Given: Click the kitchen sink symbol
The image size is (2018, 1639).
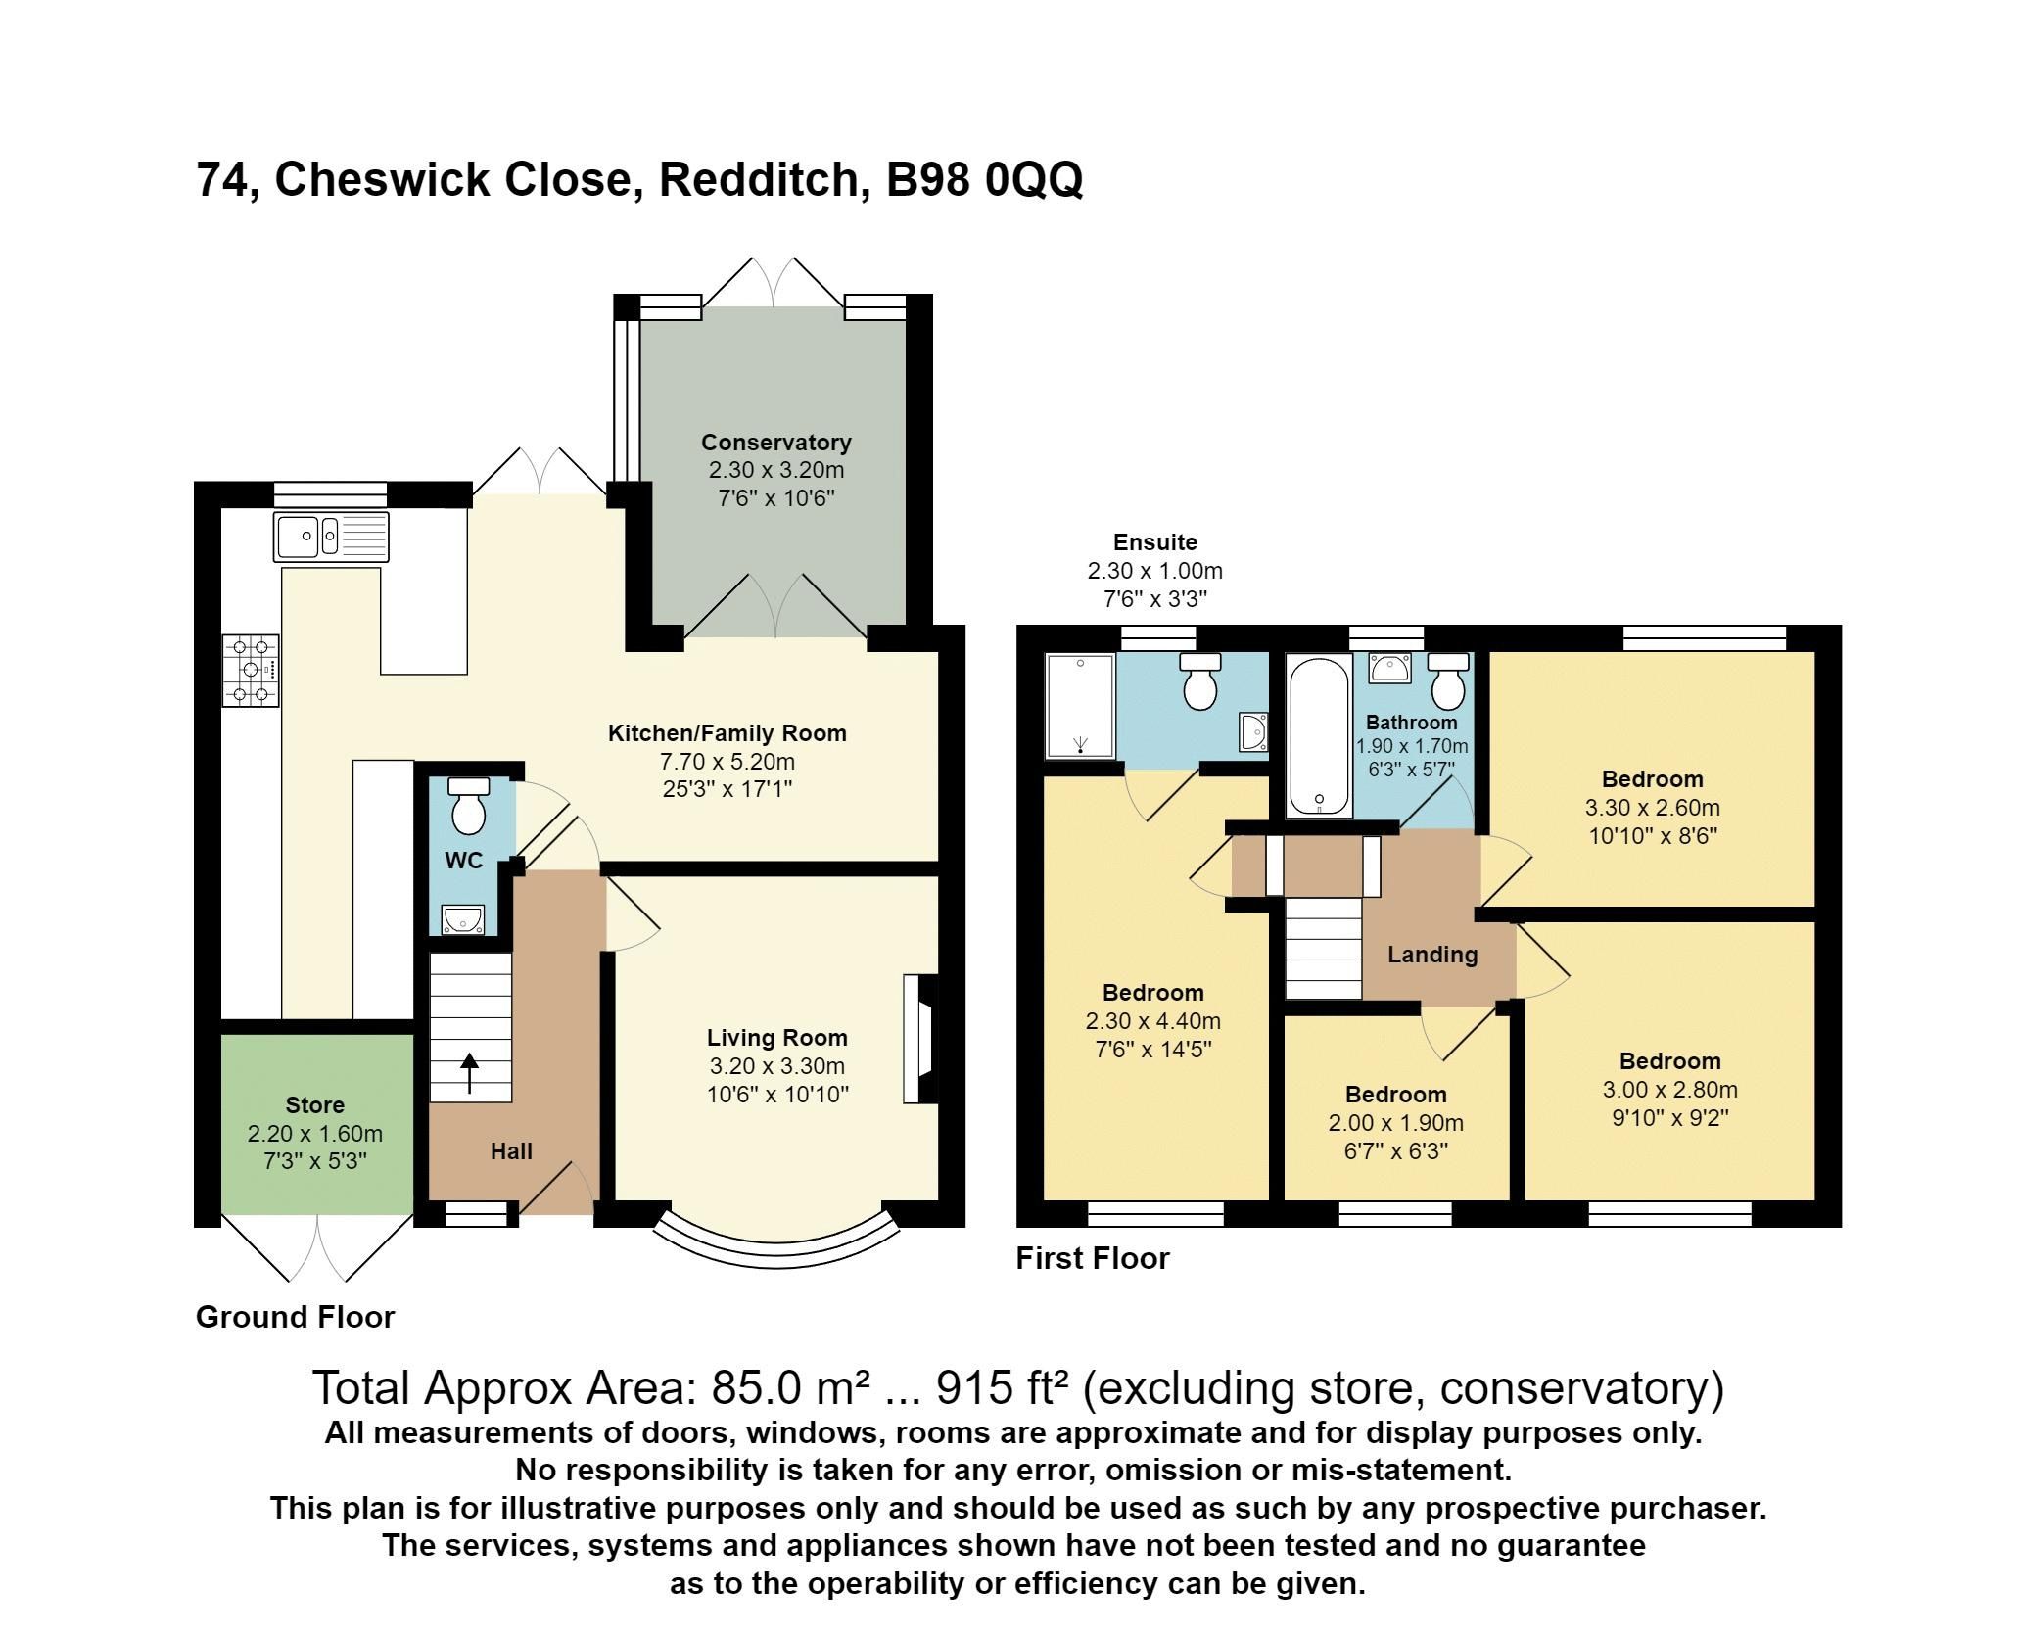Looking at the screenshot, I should click(x=331, y=537).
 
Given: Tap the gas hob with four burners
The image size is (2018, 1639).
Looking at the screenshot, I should click(x=251, y=671).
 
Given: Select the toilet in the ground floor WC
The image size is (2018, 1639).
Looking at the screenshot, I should click(x=468, y=805).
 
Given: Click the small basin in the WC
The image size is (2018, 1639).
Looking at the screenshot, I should click(x=461, y=919).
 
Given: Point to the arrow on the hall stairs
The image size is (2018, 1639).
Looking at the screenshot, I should click(x=470, y=1073).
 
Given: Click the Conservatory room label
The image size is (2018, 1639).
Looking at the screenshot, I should click(x=775, y=443).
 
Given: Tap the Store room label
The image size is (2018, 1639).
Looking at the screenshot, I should click(x=314, y=1105).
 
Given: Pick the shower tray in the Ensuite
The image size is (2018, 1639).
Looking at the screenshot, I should click(x=1080, y=706).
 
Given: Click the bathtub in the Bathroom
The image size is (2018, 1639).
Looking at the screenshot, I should click(x=1319, y=735).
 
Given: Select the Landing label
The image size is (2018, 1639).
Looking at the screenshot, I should click(x=1431, y=955).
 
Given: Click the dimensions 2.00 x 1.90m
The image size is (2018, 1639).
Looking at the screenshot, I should click(x=1395, y=1123).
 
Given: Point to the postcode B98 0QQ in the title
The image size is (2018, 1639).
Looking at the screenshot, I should click(x=984, y=180).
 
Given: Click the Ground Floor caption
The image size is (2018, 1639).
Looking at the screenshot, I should click(x=295, y=1317).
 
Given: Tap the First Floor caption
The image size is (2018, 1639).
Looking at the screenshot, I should click(x=1092, y=1258).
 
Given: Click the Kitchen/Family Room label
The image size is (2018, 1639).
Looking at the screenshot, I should click(x=727, y=733).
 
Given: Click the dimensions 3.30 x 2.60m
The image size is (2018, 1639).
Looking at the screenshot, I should click(x=1652, y=808).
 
